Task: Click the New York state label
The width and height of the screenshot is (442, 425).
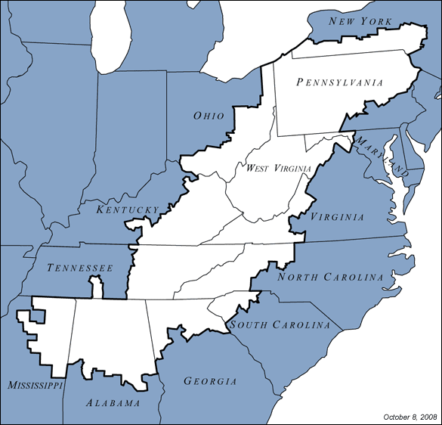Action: click(x=362, y=20)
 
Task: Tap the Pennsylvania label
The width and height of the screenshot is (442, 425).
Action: click(x=340, y=82)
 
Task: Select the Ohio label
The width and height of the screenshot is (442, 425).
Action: click(x=209, y=116)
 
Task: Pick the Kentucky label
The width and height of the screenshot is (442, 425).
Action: click(x=128, y=209)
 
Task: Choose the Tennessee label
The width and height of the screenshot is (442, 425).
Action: click(x=80, y=268)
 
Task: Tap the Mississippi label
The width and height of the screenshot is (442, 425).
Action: click(x=35, y=386)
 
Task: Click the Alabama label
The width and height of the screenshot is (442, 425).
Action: click(x=113, y=403)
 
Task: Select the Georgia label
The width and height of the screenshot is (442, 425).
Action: click(x=211, y=381)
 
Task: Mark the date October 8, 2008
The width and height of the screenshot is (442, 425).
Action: click(x=410, y=417)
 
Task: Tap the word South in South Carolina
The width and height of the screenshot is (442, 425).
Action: click(x=250, y=325)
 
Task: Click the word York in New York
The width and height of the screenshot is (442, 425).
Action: click(x=379, y=20)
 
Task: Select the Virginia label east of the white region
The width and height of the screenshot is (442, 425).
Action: click(x=337, y=217)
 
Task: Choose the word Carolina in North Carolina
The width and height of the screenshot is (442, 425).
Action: click(x=354, y=277)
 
